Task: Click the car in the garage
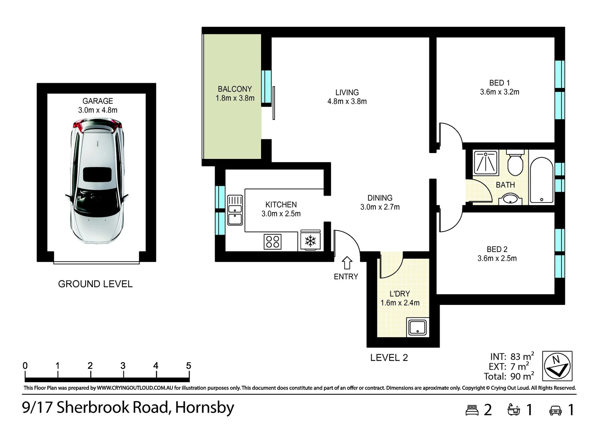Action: [97, 182]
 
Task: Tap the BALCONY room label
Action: [235, 89]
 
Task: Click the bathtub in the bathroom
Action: [541, 181]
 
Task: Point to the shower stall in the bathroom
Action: [485, 163]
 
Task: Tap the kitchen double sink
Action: [235, 210]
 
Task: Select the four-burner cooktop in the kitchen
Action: [272, 241]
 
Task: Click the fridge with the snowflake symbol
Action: [310, 240]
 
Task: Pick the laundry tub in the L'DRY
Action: [418, 327]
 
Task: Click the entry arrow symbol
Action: [347, 263]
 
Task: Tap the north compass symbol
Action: [557, 365]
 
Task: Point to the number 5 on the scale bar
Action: [188, 366]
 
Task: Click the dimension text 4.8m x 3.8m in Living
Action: [347, 101]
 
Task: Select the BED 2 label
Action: [497, 249]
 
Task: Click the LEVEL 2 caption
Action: [389, 358]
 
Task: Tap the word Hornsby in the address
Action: [204, 407]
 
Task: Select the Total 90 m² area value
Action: [522, 377]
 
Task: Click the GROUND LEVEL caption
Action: [95, 284]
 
